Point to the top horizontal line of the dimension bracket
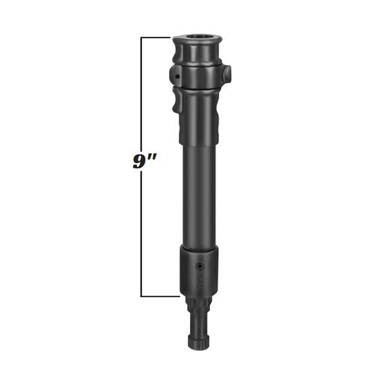[157, 37]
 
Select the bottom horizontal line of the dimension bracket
[159, 297]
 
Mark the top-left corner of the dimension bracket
[141, 37]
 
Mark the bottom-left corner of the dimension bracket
[141, 297]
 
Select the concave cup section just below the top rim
[198, 55]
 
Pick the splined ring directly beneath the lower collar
[197, 304]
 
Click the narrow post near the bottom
[197, 325]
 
